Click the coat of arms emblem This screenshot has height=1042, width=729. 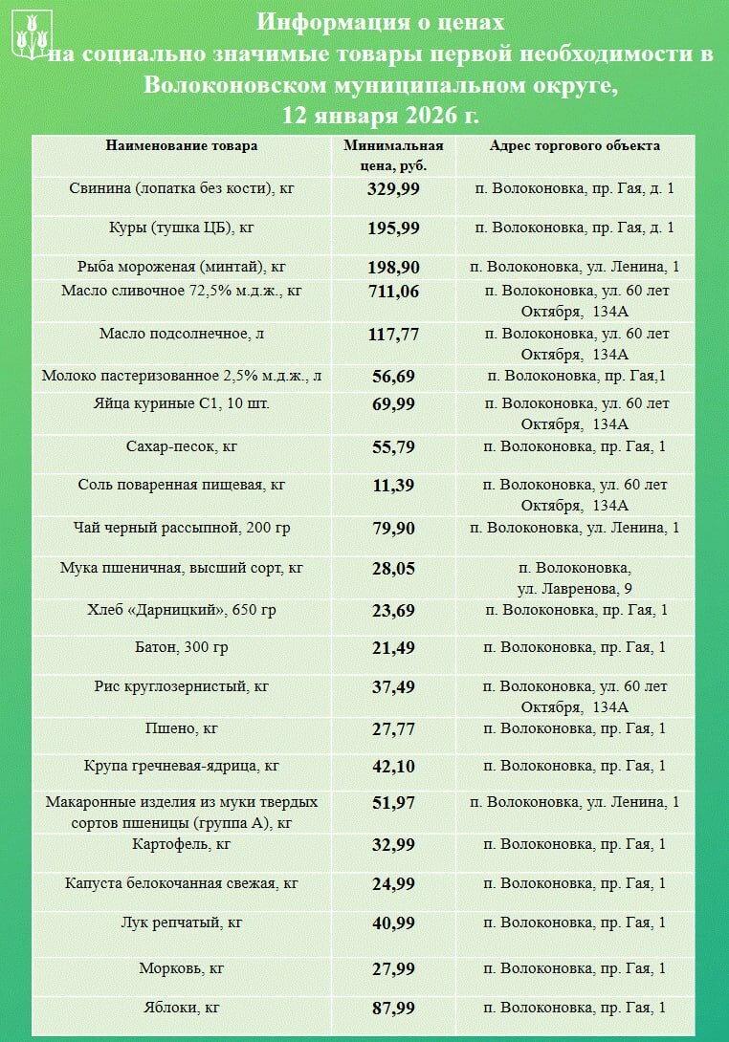[x=31, y=34]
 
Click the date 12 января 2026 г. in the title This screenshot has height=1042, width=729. [x=380, y=115]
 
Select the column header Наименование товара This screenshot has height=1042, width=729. [x=182, y=146]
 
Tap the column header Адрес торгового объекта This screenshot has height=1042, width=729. [x=574, y=146]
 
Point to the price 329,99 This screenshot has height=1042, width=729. [x=393, y=188]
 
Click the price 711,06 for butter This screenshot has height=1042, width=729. [x=393, y=291]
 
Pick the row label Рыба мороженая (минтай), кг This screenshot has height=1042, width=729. [x=182, y=267]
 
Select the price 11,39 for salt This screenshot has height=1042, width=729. [x=393, y=485]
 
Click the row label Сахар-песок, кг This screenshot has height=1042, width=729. [x=182, y=446]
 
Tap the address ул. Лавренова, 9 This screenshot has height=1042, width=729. [x=574, y=587]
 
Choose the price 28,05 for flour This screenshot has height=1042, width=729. [x=393, y=568]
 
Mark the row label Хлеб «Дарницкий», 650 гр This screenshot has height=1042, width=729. [x=182, y=610]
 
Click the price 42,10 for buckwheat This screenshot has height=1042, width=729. [x=393, y=766]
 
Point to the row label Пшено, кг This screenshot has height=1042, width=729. [x=182, y=728]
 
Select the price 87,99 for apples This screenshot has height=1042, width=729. [x=393, y=1009]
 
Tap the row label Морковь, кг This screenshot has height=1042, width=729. [x=182, y=968]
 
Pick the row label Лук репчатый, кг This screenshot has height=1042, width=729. [x=182, y=923]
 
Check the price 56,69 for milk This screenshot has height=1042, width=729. [x=393, y=377]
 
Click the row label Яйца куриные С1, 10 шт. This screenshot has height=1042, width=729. [x=182, y=403]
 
